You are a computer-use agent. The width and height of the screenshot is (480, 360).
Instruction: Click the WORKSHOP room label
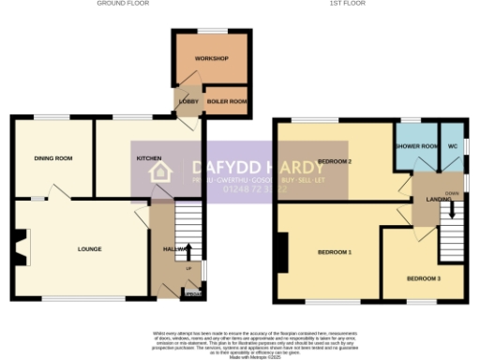click(211, 59)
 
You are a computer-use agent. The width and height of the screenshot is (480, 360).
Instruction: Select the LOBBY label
click(187, 99)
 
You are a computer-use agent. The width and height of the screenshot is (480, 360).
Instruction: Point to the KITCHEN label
click(149, 158)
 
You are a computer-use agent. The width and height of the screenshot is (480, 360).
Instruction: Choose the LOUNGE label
click(89, 249)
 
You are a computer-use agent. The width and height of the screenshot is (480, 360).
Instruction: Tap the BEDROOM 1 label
click(334, 253)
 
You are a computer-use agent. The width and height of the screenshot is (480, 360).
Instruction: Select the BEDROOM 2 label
click(335, 161)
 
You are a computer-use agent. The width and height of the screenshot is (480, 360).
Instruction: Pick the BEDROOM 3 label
click(423, 278)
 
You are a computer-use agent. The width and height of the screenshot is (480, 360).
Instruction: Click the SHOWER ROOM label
click(416, 147)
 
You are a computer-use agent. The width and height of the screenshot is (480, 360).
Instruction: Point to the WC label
click(453, 147)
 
